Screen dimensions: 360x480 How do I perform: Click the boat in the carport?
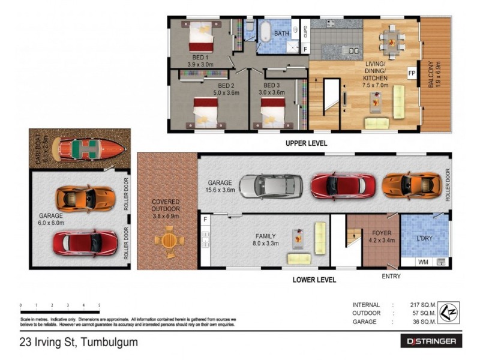88,148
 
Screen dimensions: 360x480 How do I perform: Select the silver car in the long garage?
271,186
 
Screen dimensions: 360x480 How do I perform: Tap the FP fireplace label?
412,73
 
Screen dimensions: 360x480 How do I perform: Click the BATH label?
282,34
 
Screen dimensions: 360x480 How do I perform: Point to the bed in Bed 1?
201,38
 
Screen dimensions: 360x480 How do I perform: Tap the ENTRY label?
391,276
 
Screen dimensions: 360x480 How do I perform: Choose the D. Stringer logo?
431,341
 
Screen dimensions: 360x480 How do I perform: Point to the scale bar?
60,311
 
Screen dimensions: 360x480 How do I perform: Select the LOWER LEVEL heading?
314,280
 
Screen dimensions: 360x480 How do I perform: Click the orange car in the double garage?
85,198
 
